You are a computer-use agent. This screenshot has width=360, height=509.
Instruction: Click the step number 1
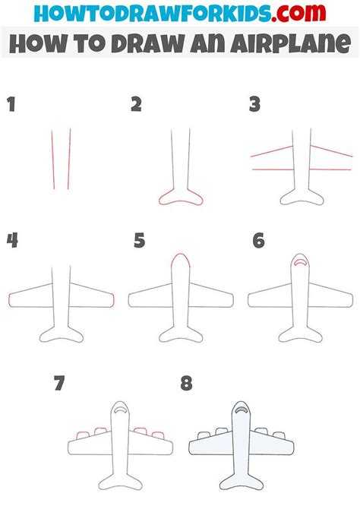pos(11,104)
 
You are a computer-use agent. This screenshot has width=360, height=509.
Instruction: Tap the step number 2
pos(136,104)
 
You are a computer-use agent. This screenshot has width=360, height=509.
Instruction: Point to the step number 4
pos(12,241)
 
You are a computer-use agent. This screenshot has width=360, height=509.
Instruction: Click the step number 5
pos(139,241)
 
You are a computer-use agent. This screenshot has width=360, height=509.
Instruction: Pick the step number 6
pos(259,241)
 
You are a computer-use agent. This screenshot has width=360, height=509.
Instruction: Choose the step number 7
pos(58,384)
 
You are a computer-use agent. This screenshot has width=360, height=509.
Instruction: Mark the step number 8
pos(186,384)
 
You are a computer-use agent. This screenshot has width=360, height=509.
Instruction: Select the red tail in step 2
pos(180,199)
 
